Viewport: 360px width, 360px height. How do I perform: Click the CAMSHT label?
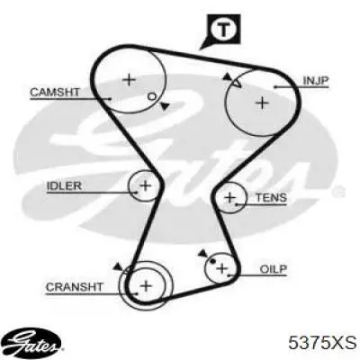coord(55,92)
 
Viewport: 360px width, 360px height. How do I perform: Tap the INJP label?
coord(316,80)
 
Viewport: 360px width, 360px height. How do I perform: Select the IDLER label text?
coord(64,186)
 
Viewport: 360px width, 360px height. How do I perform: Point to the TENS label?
coord(271,198)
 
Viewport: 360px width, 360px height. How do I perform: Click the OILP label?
coord(273,269)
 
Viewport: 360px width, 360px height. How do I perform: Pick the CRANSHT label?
coord(75,287)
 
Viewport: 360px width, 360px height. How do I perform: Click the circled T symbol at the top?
coord(222,30)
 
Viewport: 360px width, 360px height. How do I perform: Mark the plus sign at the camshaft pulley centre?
coord(130,80)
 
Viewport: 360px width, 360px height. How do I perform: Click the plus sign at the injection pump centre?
coord(263,103)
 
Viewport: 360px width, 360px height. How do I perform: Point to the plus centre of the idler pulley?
coord(146,185)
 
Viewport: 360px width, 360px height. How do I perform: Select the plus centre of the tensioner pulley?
coord(230,198)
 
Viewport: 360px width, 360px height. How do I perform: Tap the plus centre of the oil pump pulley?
coord(222,268)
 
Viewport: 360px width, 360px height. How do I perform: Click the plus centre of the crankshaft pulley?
coord(147,285)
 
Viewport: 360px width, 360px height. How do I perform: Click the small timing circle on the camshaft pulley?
coord(152,96)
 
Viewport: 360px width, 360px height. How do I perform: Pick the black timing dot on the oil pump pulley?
coord(213,261)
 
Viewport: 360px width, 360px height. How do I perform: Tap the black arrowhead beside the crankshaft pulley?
coord(118,266)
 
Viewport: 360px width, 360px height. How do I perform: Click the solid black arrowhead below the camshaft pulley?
coord(165,106)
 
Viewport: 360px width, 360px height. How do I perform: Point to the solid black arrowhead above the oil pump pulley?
coord(202,254)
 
